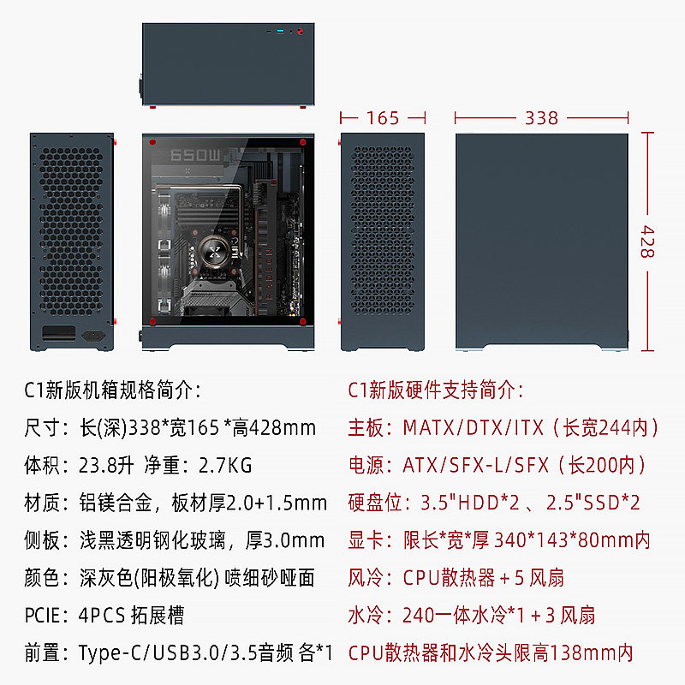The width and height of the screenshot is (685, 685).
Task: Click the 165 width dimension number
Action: click(x=383, y=118)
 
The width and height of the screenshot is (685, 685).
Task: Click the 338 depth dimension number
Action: click(x=541, y=118)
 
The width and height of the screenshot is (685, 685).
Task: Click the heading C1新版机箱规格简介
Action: click(x=112, y=390)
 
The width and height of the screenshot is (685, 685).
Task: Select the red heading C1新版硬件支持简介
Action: click(x=436, y=390)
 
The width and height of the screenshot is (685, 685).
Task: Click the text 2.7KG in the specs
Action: click(x=224, y=466)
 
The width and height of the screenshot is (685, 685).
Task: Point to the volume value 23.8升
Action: click(x=100, y=466)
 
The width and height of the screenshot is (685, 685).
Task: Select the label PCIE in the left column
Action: click(x=44, y=616)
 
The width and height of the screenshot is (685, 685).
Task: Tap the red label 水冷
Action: click(x=366, y=616)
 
